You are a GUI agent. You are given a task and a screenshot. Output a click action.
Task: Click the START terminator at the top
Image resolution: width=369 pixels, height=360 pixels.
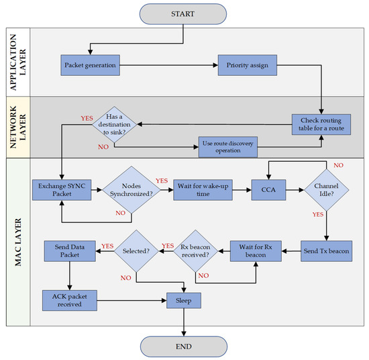tap(184, 13)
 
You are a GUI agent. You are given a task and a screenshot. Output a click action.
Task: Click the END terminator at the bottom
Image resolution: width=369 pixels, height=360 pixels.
tap(184, 346)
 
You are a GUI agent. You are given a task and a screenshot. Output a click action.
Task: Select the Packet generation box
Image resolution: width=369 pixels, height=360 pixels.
tap(89, 66)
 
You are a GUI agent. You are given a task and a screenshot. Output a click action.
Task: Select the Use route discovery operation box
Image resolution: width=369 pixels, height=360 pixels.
tap(227, 145)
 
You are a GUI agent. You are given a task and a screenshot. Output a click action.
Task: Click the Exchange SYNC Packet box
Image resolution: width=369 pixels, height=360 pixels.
tap(62, 189)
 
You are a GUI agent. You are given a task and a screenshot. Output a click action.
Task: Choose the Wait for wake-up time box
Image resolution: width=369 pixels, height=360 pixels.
tap(203, 189)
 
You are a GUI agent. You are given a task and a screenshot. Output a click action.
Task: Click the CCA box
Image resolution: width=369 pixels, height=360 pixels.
tap(268, 189)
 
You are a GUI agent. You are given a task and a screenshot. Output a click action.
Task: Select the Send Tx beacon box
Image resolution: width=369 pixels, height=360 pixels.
tap(325, 250)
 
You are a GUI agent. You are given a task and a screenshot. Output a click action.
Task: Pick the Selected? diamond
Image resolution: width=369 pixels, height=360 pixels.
tap(137, 251)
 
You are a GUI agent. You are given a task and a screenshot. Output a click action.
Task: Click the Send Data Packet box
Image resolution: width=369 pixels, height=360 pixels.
tap(70, 251)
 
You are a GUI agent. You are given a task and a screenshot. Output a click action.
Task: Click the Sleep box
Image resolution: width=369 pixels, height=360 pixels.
tap(183, 300)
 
